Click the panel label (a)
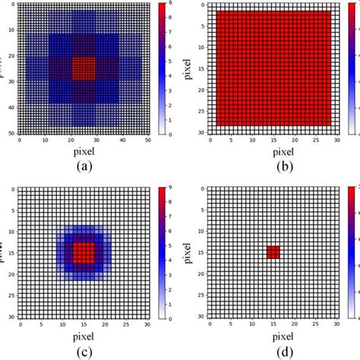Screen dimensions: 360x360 pos(84,168)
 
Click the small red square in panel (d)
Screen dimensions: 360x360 pos(273,252)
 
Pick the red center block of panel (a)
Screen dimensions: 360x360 pos(84,68)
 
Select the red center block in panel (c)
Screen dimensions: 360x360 pos(84,252)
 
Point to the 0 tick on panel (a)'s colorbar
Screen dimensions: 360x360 pos(172,134)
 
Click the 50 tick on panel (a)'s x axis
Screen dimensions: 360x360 pos(149,141)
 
